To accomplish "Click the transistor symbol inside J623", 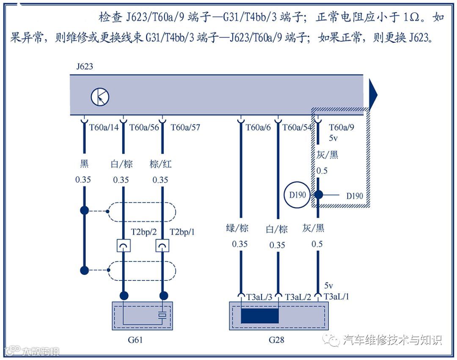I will (100, 97).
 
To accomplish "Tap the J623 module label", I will (84, 67).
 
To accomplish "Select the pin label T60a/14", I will (104, 127).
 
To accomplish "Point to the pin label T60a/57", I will (185, 127).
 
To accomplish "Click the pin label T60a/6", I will (258, 127).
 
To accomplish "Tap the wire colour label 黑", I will (84, 164).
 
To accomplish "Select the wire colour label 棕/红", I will (161, 164).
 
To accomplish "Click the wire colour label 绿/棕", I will (237, 229).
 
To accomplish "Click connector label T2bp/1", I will (182, 232).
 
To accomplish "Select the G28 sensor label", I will (276, 340).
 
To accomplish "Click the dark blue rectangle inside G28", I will (260, 316).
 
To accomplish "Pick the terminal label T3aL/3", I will (259, 297).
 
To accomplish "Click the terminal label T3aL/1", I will (336, 297).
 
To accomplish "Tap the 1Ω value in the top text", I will (412, 18).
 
